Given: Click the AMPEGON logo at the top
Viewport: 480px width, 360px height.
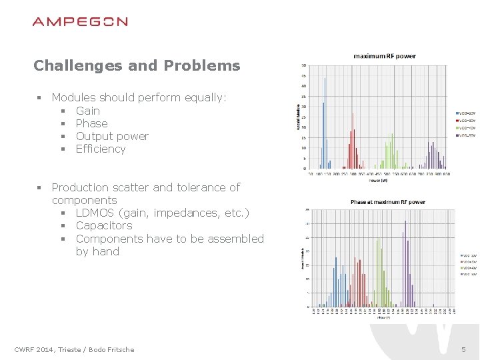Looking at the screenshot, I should (x=80, y=21).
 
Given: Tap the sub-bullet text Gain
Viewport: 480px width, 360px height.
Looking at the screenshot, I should (x=88, y=111).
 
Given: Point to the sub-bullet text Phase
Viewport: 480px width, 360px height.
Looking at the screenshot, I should (x=91, y=123).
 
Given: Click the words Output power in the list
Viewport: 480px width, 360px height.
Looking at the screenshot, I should (x=112, y=136).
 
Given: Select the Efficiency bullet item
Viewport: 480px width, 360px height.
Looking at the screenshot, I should (x=101, y=149).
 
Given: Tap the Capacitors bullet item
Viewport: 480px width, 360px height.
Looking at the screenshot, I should (x=104, y=225).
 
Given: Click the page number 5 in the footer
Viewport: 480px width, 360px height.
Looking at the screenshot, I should (x=463, y=349).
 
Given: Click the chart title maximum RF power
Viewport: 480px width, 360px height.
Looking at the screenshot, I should (x=384, y=56).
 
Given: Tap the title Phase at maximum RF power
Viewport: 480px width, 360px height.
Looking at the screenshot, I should (x=387, y=202).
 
